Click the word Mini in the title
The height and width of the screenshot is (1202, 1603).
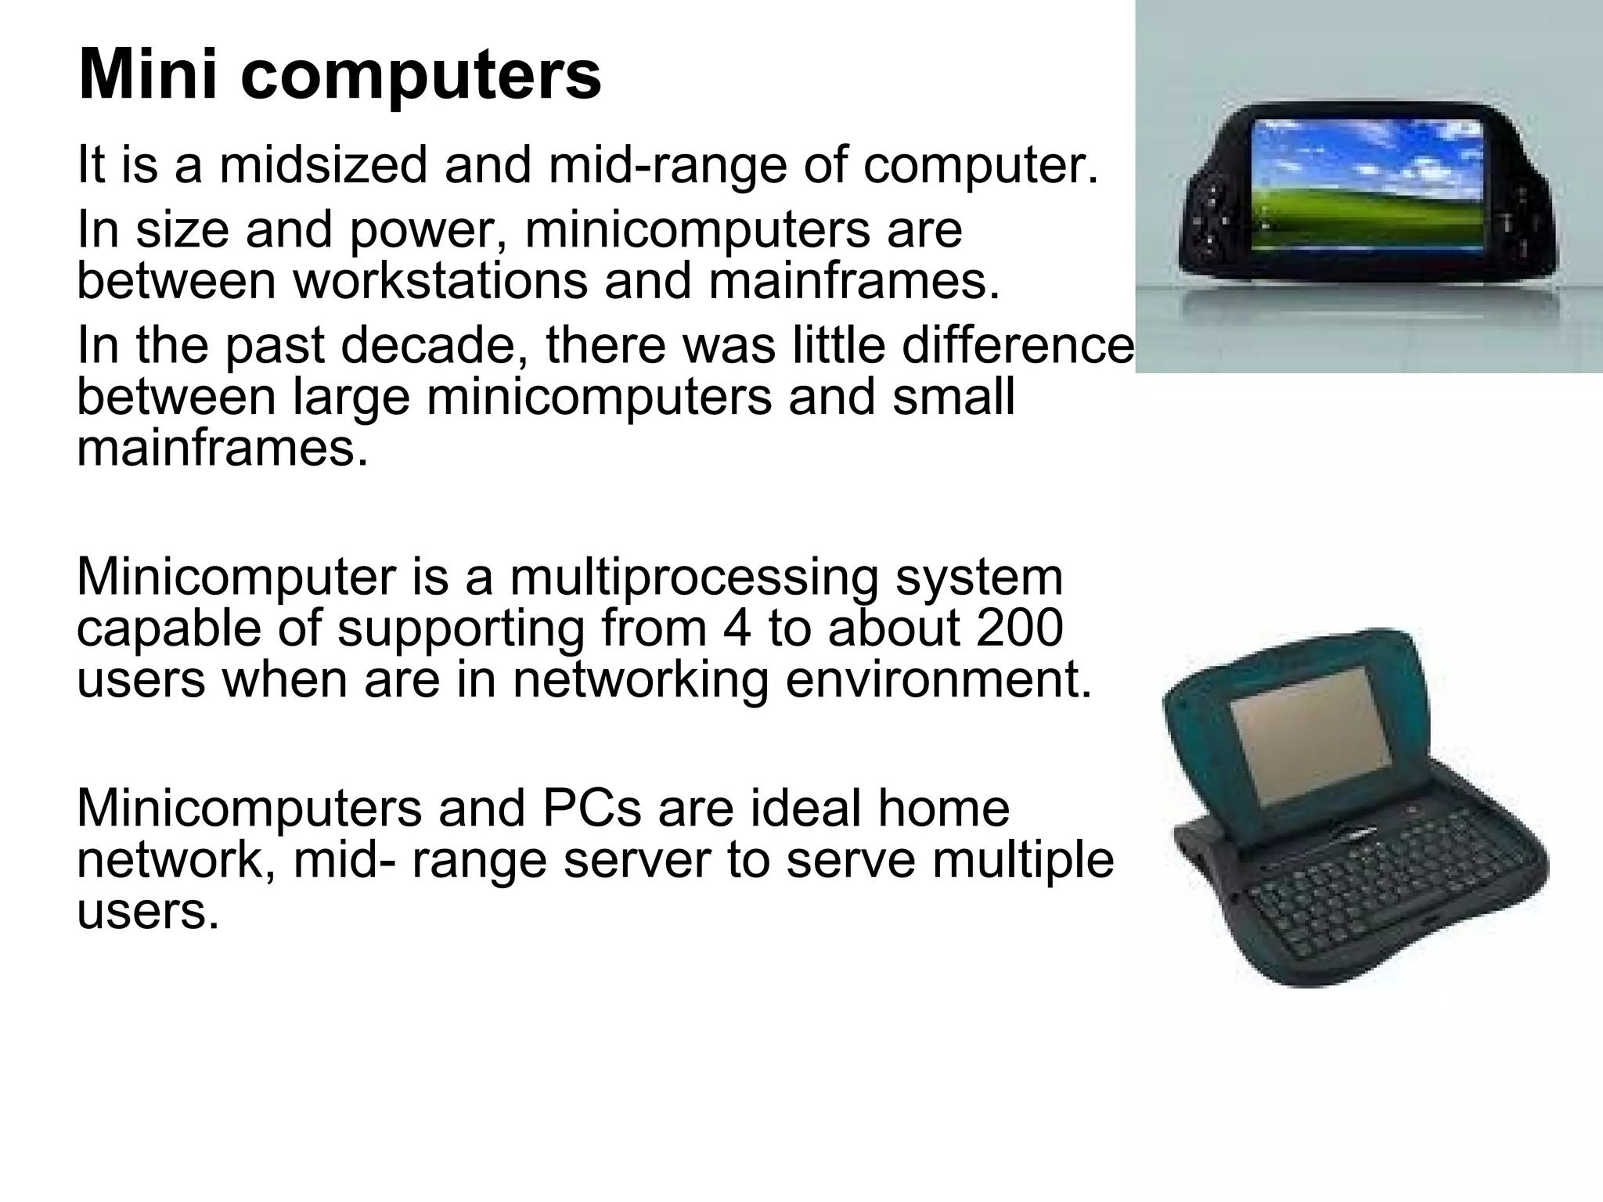(149, 76)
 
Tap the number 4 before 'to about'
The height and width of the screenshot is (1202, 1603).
(737, 628)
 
